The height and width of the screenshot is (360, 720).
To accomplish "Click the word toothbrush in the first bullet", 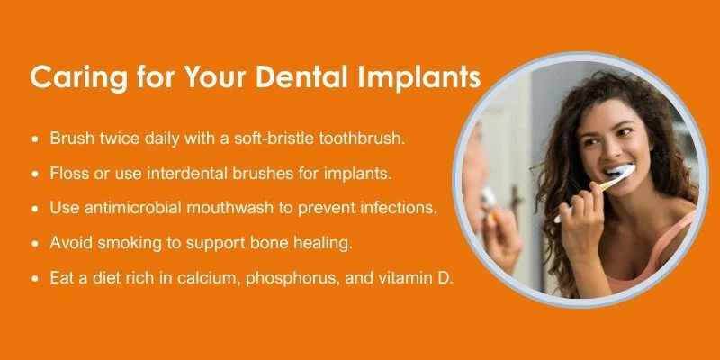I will pyautogui.click(x=391, y=140).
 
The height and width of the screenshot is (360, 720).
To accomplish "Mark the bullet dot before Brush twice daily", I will pyautogui.click(x=35, y=141).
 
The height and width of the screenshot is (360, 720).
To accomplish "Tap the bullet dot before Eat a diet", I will pyautogui.click(x=35, y=278).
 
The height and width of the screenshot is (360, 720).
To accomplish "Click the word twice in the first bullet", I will pyautogui.click(x=110, y=140).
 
